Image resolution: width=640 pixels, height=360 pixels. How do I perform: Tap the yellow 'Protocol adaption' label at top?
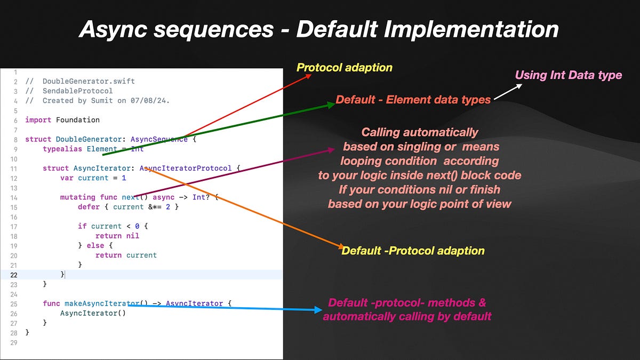[344, 68]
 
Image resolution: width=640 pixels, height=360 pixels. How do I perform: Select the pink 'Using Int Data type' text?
[568, 75]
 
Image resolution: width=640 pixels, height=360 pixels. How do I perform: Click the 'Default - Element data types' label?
[413, 99]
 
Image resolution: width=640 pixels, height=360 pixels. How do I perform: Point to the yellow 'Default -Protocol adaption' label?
[413, 250]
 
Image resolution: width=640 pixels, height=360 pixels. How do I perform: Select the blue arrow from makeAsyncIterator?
[224, 307]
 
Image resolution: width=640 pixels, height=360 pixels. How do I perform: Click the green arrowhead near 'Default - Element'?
[330, 105]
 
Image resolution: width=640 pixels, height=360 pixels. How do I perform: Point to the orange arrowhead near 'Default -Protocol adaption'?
[339, 246]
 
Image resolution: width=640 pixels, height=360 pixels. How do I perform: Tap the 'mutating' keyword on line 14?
[77, 197]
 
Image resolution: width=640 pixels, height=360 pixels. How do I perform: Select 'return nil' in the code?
[117, 236]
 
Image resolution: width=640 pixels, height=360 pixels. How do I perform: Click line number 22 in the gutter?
[14, 275]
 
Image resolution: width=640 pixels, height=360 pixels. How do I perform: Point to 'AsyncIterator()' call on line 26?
[93, 313]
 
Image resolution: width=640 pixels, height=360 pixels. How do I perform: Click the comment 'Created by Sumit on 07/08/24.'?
[106, 100]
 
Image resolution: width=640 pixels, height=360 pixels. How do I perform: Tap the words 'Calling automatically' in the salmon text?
[419, 132]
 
